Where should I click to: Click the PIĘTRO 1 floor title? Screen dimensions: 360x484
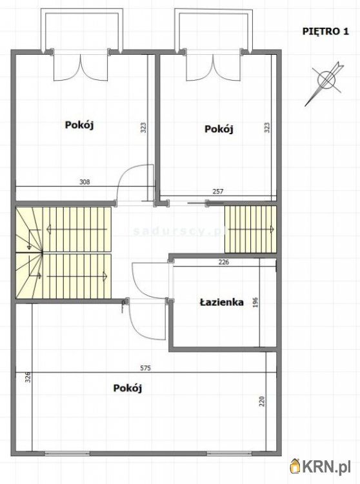(325, 31)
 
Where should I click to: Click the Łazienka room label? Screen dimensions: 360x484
(221, 302)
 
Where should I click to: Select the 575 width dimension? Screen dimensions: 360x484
(146, 368)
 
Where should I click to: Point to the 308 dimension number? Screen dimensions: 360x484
(85, 182)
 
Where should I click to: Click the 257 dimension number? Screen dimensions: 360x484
(218, 192)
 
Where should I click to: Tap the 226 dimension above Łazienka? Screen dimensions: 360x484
(224, 262)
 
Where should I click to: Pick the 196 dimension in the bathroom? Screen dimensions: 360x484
(255, 303)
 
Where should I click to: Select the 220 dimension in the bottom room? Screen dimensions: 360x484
(262, 401)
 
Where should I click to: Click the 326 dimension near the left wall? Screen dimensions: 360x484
(28, 377)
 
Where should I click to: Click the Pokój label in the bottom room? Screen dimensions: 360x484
(127, 388)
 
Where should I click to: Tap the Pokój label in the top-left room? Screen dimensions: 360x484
(79, 125)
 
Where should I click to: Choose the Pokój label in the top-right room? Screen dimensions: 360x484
(219, 128)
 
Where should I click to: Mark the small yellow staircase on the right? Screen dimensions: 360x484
(250, 229)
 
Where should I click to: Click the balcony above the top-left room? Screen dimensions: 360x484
(82, 30)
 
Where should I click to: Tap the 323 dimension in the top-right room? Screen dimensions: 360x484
(267, 128)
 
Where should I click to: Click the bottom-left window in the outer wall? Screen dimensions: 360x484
(67, 453)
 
